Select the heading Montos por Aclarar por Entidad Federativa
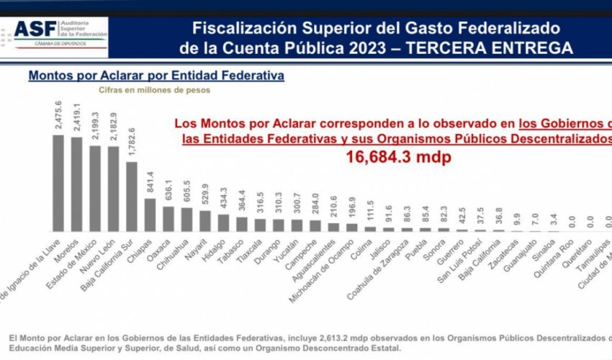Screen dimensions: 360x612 tap(156, 75)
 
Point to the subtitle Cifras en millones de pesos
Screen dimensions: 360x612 tap(154, 91)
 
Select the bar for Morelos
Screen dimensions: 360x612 tap(76, 184)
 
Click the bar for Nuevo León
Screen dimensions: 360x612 tap(113, 188)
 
